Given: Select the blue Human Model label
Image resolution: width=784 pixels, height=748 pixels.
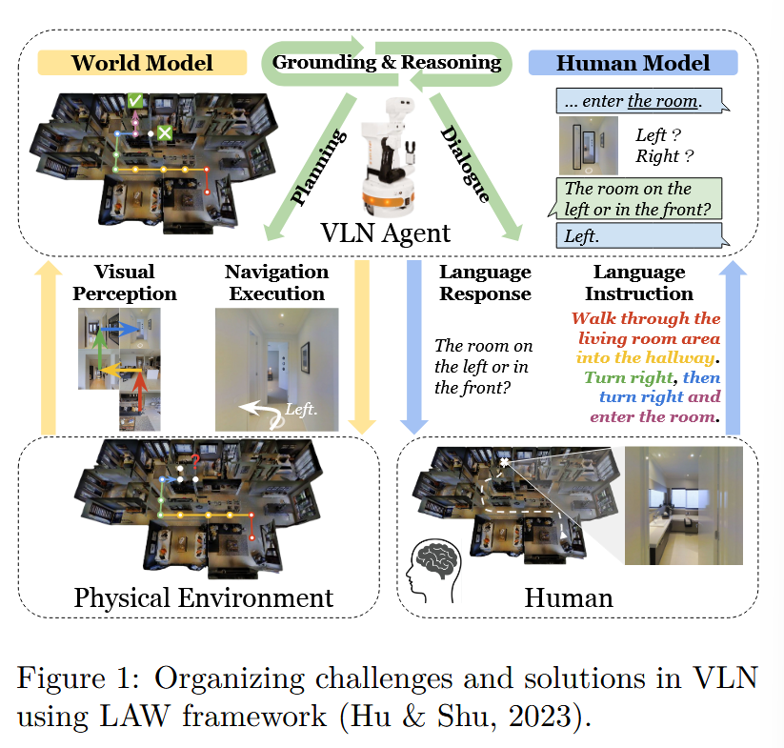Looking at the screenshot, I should pyautogui.click(x=633, y=64).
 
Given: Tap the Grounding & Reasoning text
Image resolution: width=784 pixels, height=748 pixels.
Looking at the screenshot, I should pyautogui.click(x=387, y=63).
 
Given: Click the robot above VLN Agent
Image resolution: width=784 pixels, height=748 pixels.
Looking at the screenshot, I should pyautogui.click(x=391, y=152).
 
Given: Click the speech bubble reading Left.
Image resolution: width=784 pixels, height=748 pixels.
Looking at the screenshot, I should pyautogui.click(x=637, y=234).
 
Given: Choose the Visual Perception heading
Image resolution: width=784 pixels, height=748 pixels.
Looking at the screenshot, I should pyautogui.click(x=125, y=283).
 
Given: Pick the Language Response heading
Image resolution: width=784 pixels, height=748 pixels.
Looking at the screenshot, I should pyautogui.click(x=485, y=283).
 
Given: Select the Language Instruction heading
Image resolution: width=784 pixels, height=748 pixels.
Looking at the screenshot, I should pyautogui.click(x=639, y=283).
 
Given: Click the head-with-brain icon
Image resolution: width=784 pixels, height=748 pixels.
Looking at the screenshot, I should pyautogui.click(x=433, y=569).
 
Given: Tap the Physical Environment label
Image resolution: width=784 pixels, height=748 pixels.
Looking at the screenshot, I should pyautogui.click(x=204, y=597).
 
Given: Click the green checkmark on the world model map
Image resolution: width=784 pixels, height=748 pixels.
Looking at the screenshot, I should pyautogui.click(x=136, y=99).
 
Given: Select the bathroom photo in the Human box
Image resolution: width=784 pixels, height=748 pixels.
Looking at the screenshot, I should pyautogui.click(x=682, y=505).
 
